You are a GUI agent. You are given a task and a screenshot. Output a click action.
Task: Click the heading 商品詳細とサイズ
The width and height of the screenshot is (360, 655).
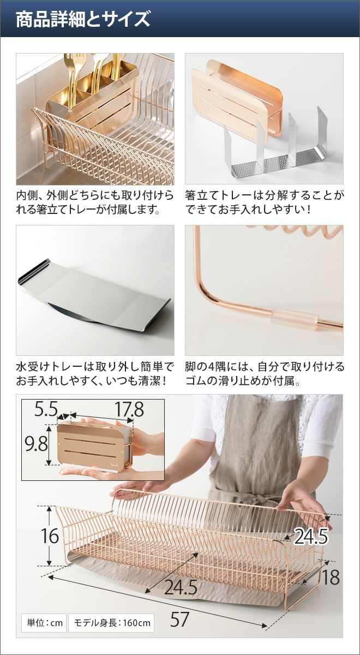point(83,19)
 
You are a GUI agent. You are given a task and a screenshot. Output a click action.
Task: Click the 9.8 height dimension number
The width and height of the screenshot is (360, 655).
point(36,444)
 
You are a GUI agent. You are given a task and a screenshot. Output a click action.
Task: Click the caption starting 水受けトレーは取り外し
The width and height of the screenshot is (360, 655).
point(95,374)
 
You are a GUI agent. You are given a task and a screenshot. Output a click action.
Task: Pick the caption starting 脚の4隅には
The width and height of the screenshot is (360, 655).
point(265,374)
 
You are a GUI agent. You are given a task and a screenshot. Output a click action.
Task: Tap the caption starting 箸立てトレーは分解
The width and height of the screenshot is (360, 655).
point(265,203)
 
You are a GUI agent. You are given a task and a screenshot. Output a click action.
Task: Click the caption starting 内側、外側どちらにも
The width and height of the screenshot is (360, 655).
point(95,203)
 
